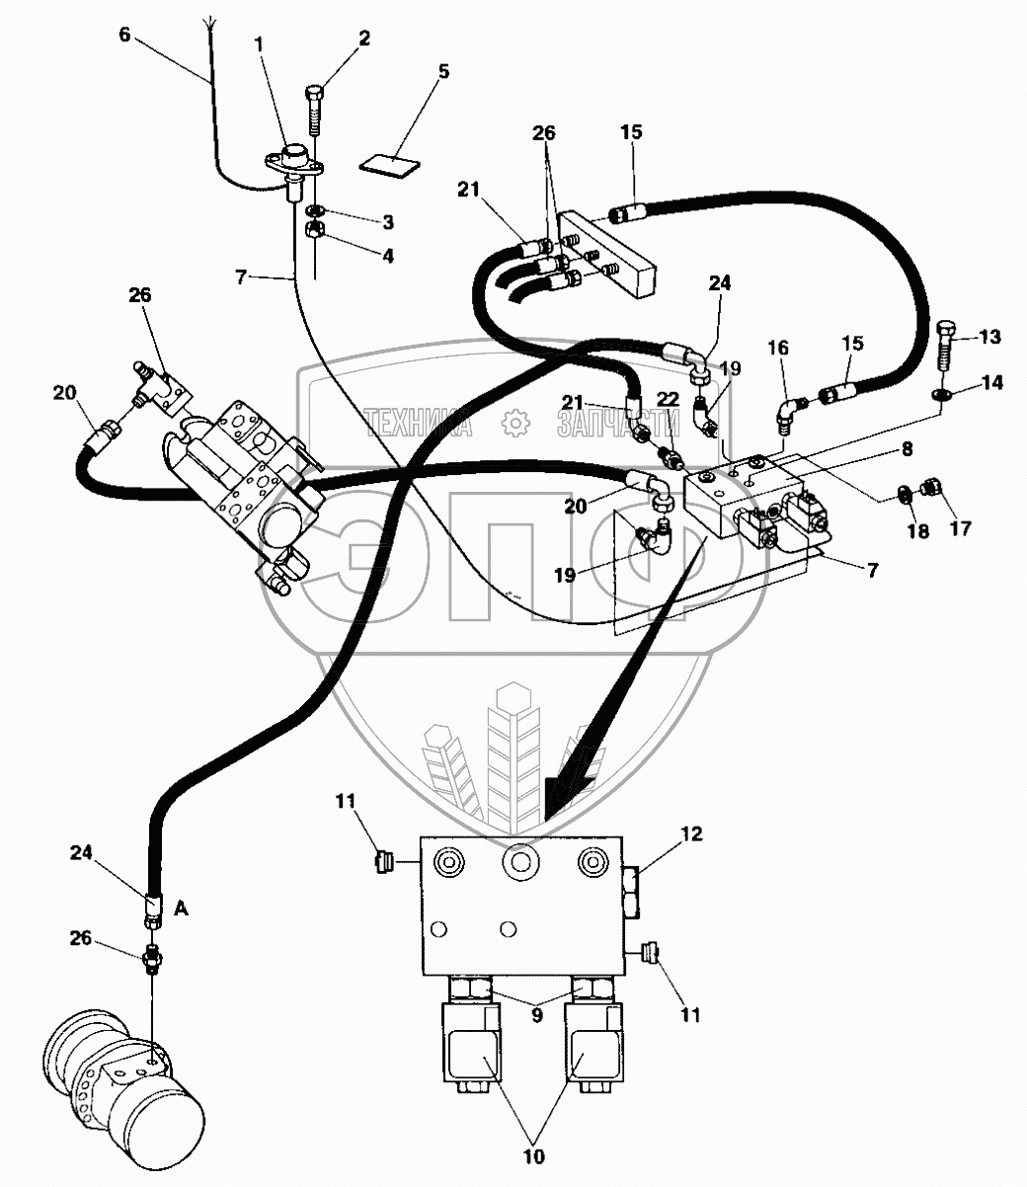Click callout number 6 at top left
[x=123, y=34]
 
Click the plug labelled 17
[x=928, y=487]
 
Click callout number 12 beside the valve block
[x=691, y=834]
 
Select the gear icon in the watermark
[x=514, y=423]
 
